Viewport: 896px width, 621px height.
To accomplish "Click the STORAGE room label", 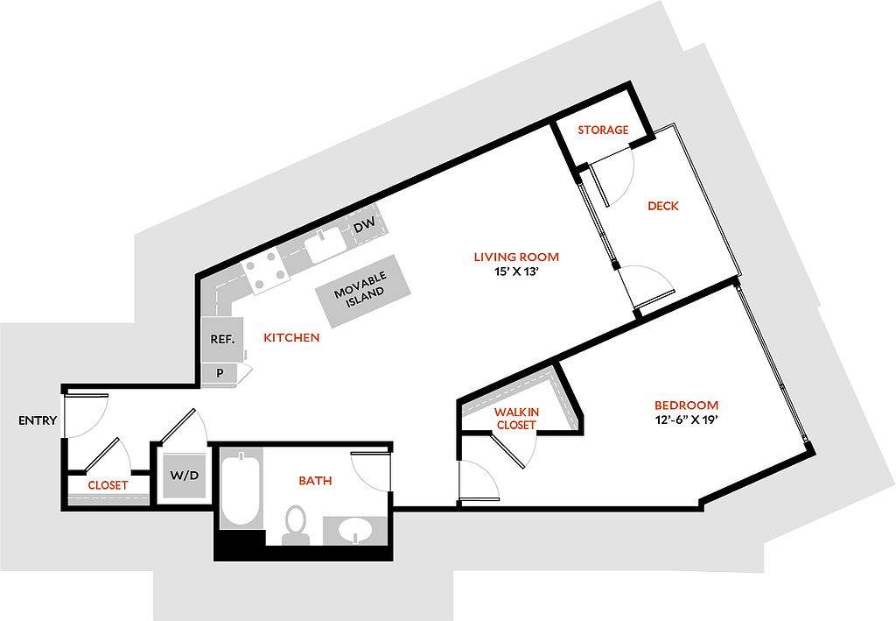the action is point(603,130).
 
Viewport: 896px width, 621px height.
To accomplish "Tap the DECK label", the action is point(663,206).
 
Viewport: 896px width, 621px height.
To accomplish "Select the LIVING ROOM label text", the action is point(516,257).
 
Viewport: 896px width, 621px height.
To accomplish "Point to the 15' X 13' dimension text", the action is point(516,272).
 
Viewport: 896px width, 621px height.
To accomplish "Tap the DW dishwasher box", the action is point(364,225).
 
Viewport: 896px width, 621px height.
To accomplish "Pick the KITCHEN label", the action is point(291,337).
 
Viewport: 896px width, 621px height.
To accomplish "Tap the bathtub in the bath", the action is point(241,490).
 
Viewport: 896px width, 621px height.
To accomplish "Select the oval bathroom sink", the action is point(356,531).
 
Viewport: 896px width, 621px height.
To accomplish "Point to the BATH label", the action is point(315,481).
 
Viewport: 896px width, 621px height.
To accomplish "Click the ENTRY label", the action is point(38,420).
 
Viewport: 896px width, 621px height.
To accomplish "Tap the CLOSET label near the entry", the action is point(108,485).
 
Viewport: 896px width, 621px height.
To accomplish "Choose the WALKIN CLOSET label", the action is point(516,419).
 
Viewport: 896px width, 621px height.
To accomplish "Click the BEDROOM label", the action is point(687,406).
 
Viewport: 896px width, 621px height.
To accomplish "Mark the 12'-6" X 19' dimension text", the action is point(687,420).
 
